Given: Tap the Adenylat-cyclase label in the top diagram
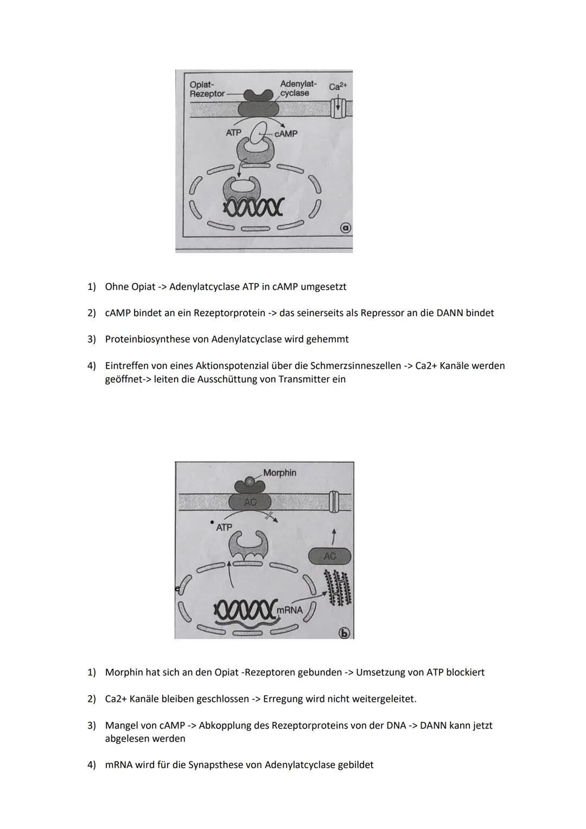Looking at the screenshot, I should coord(296,88).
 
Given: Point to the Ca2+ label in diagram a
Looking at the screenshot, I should coord(338,86).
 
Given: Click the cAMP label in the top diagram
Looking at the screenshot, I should coord(286,134).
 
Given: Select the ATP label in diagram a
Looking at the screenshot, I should coord(233,132).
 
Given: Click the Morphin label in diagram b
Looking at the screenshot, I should coord(280,473).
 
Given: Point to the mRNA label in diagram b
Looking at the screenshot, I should coord(290,610).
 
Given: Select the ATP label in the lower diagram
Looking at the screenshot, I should coord(224,527).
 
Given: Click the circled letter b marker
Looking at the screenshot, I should coord(345,633).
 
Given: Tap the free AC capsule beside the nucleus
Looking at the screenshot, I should coord(329,556).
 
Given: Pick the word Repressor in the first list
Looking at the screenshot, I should coord(382,313).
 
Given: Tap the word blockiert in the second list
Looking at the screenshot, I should coord(465,672).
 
